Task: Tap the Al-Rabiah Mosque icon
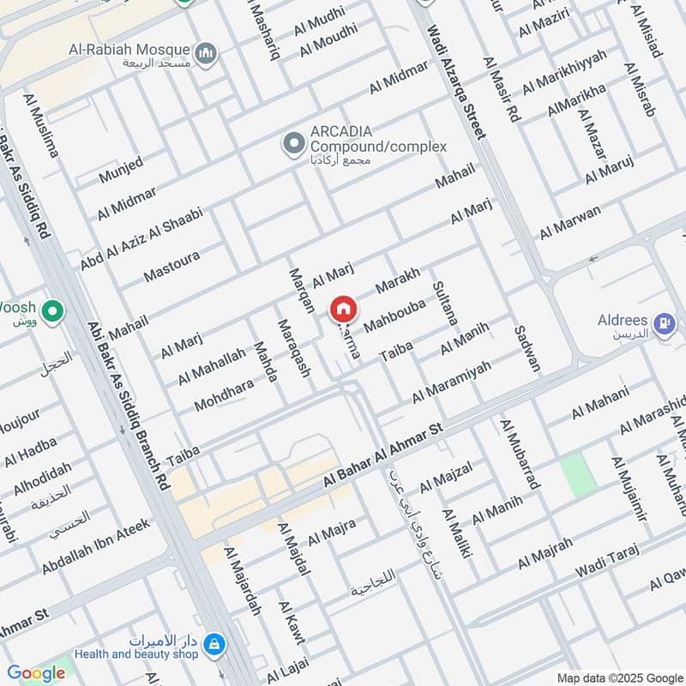click(x=206, y=55)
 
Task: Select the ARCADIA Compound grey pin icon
click(x=294, y=143)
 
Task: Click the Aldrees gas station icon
click(x=664, y=324)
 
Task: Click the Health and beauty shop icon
click(x=214, y=641)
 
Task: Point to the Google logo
click(x=36, y=673)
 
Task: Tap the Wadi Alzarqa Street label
click(x=456, y=81)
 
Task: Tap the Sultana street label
click(x=446, y=303)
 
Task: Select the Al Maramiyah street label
click(x=452, y=382)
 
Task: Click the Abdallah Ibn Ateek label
click(x=95, y=545)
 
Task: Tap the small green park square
click(x=578, y=474)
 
